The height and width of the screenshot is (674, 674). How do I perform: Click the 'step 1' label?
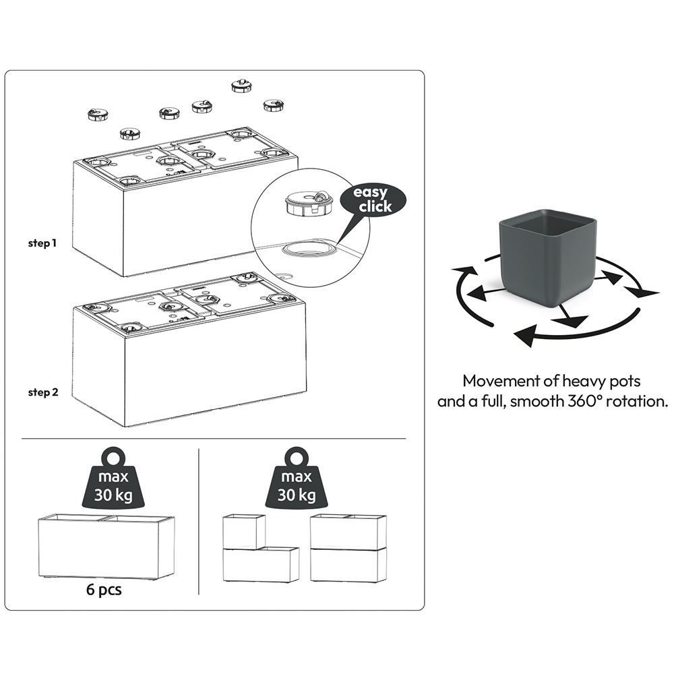(x=42, y=243)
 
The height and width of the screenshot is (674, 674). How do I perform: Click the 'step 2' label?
(x=42, y=392)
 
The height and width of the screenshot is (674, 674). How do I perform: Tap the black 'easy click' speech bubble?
(x=374, y=200)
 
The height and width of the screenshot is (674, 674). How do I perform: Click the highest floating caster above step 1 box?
(x=240, y=85)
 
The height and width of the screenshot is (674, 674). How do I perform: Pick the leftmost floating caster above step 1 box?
(x=97, y=115)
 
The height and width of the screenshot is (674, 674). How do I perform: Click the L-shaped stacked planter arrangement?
(x=259, y=549)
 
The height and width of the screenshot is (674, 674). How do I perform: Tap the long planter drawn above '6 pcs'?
(x=106, y=547)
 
